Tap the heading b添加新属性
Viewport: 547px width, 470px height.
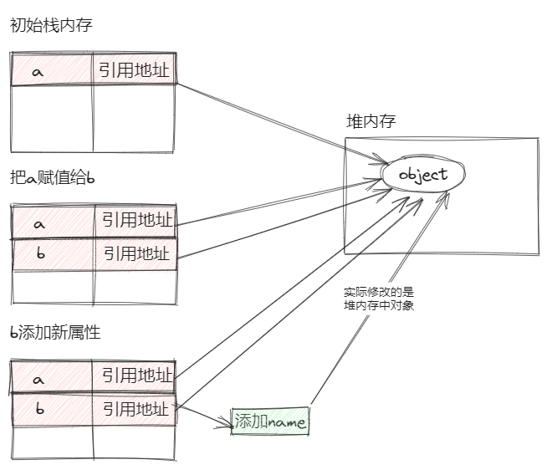55,332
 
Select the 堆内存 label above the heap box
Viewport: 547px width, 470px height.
371,121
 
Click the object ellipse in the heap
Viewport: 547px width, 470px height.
423,176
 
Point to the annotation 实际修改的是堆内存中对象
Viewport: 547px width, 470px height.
378,299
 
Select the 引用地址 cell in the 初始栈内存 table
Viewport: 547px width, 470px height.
134,70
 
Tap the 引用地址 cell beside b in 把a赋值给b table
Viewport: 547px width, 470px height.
135,253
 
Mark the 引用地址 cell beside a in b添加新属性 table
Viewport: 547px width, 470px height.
135,376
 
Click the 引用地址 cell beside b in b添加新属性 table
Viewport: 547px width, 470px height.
135,409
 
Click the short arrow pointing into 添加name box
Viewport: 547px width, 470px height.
205,419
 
